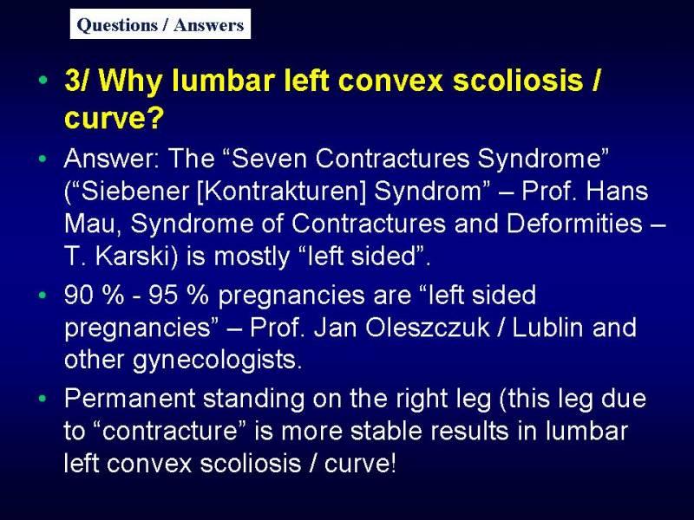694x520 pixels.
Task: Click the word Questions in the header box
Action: [x=117, y=25]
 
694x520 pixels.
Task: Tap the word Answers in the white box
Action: [x=208, y=25]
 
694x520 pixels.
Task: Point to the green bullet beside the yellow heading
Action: [x=43, y=80]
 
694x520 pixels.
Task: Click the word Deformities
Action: [x=574, y=224]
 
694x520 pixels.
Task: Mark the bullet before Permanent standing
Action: [x=43, y=399]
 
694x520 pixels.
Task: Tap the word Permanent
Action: [x=129, y=398]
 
